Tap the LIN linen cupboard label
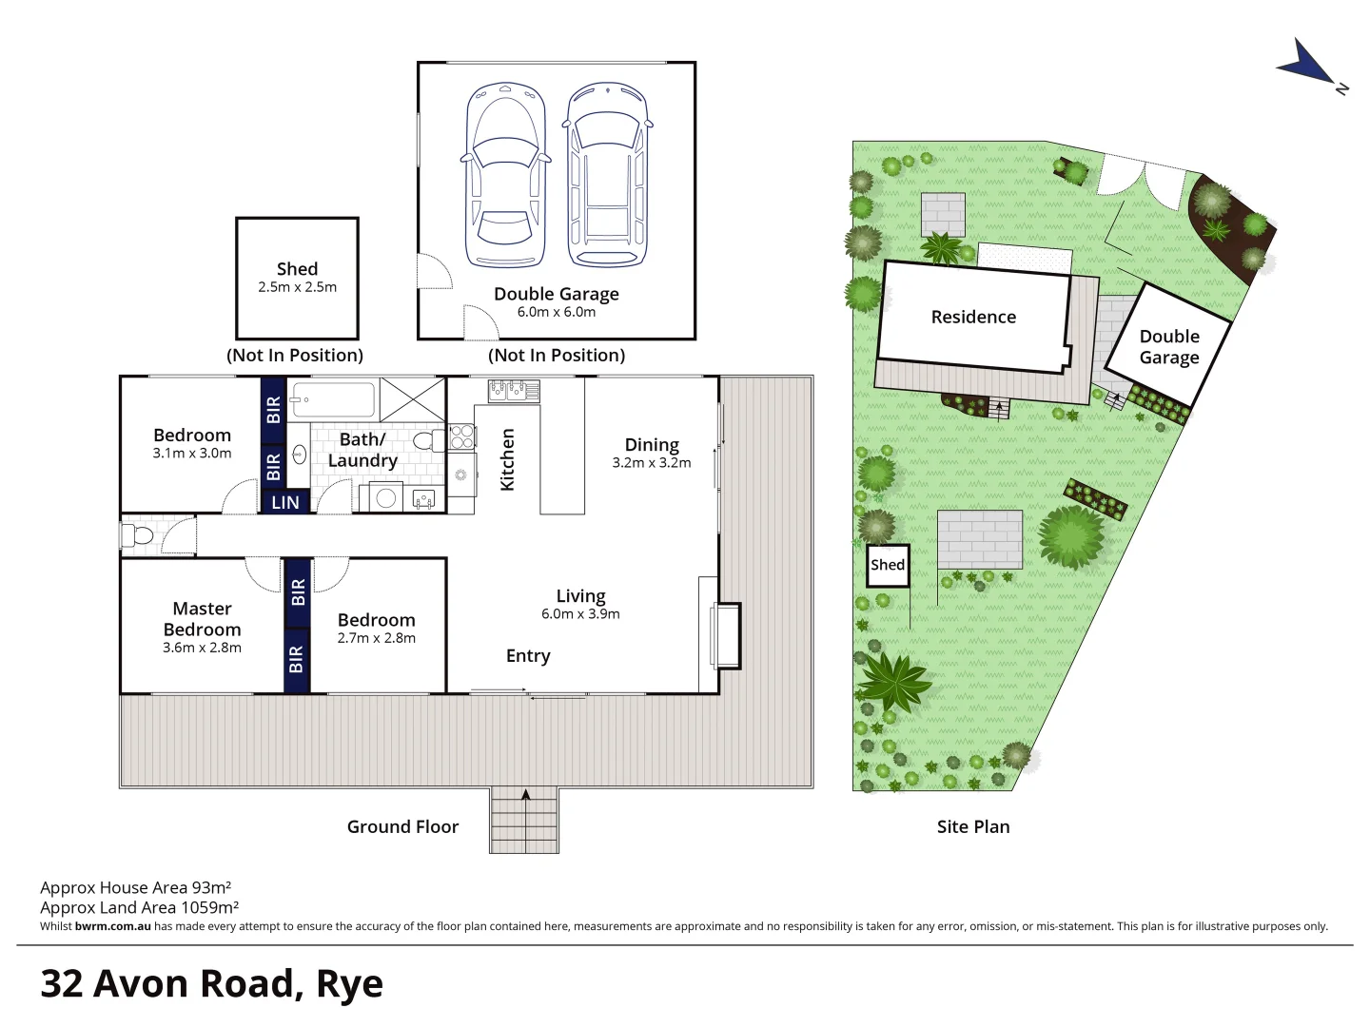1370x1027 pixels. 285,502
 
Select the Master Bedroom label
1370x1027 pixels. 202,619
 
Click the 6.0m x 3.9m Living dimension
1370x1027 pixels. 580,614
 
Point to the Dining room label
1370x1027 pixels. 652,445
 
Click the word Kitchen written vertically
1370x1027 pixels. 507,459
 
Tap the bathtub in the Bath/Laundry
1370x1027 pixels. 333,399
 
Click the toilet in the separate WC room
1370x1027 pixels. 139,535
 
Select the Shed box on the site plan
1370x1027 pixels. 888,565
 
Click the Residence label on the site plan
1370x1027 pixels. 973,318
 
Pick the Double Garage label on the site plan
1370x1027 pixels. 1169,347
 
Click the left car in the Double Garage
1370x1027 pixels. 505,175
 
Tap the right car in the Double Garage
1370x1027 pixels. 607,175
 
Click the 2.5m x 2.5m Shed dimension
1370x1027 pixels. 297,287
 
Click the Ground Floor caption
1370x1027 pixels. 402,827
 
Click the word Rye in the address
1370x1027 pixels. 349,984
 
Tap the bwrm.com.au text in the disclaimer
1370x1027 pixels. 112,926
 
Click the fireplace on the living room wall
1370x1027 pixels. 728,635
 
